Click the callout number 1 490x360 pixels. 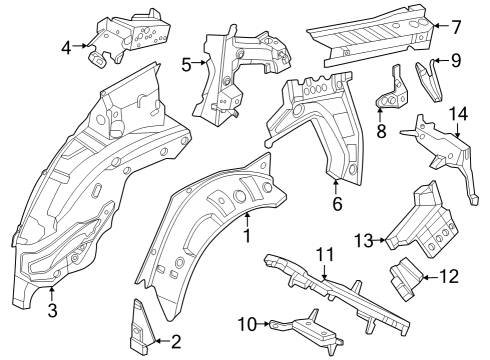246,235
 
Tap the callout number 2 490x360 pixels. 176,342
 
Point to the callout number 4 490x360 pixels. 66,46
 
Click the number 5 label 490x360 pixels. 186,65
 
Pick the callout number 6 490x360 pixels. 337,204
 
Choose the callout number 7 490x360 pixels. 456,28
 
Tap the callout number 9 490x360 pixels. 456,61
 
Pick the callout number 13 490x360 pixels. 363,240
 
